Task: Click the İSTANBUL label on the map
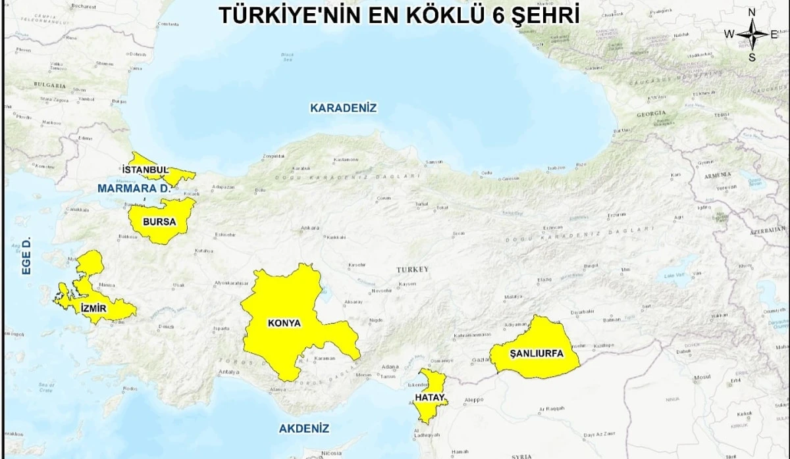pyautogui.click(x=145, y=169)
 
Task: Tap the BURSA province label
pyautogui.click(x=159, y=222)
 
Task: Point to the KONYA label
pyautogui.click(x=284, y=323)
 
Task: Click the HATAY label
pyautogui.click(x=429, y=399)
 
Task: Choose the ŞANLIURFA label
pyautogui.click(x=537, y=353)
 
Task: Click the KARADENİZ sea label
pyautogui.click(x=344, y=108)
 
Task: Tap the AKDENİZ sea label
pyautogui.click(x=303, y=428)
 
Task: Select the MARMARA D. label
pyautogui.click(x=134, y=188)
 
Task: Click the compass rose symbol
pyautogui.click(x=752, y=34)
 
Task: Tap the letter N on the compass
pyautogui.click(x=752, y=12)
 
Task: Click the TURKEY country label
pyautogui.click(x=412, y=270)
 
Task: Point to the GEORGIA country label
pyautogui.click(x=651, y=113)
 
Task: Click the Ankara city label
pyautogui.click(x=309, y=228)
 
